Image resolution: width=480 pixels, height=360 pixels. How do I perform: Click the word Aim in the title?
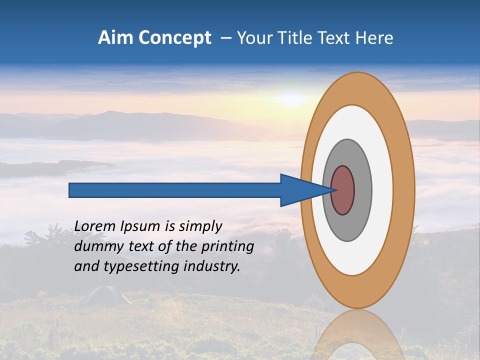(114, 38)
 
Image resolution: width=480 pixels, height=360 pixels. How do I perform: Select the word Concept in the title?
(175, 38)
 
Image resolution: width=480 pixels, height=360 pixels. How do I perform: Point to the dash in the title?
(226, 38)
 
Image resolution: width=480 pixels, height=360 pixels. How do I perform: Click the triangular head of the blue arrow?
(300, 190)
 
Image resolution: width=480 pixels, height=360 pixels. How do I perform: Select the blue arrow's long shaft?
(175, 190)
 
